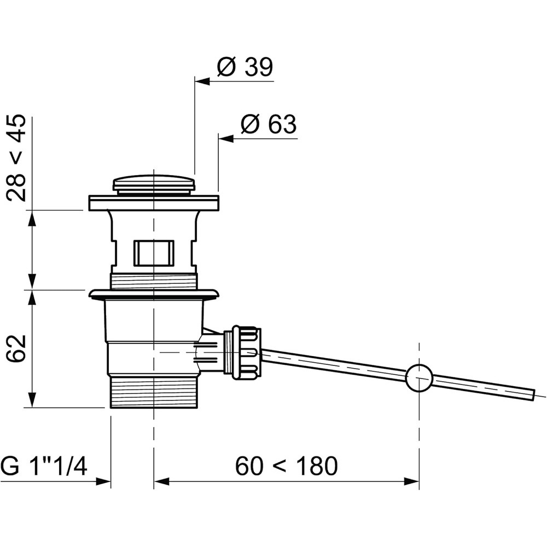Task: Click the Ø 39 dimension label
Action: [x=245, y=67]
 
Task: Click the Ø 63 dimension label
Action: [x=269, y=124]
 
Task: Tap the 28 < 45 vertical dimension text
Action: [x=16, y=158]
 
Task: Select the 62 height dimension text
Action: [x=16, y=348]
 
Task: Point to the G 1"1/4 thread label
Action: [x=44, y=466]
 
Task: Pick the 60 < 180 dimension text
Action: [x=287, y=466]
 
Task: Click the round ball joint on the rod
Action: [x=419, y=378]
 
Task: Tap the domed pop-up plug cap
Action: [x=154, y=184]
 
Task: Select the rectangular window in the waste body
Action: [x=154, y=253]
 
